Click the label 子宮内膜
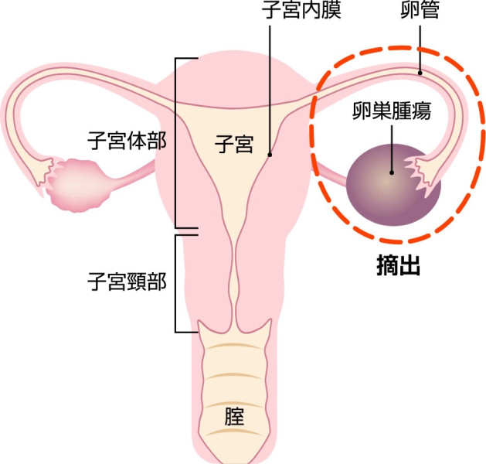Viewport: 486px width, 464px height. tap(301, 9)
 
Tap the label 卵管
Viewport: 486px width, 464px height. tap(420, 9)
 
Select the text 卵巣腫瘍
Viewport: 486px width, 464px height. tap(392, 111)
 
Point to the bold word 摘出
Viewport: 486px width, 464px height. tap(398, 265)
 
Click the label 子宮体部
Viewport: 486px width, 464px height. tap(127, 141)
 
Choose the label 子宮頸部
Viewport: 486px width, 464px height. tap(127, 281)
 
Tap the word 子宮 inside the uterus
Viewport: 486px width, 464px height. tap(234, 144)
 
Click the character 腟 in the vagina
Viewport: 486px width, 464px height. tap(234, 417)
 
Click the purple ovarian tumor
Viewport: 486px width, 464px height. tap(393, 185)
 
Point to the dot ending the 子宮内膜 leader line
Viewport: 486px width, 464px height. tap(270, 155)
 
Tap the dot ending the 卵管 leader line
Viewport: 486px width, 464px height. tap(420, 73)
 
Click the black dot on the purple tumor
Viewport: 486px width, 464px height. tap(392, 172)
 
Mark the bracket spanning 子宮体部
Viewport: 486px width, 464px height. tap(175, 143)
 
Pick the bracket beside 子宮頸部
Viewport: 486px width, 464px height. tap(175, 284)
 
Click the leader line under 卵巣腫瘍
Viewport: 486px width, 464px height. tap(392, 148)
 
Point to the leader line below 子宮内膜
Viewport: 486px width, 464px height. tap(270, 90)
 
